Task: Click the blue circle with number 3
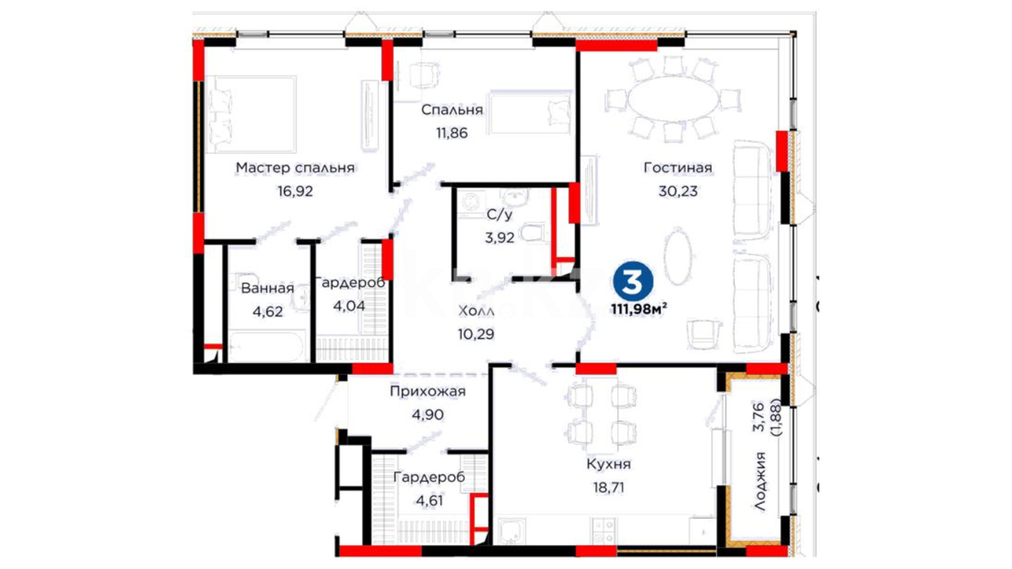632,281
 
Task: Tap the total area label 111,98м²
639,309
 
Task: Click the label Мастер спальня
295,168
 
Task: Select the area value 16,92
295,191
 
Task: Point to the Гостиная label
678,168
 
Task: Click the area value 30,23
678,191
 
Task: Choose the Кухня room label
609,464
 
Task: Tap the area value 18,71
609,487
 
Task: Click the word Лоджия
760,480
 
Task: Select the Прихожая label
427,391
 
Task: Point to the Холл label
476,311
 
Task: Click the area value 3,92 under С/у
500,238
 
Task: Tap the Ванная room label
267,288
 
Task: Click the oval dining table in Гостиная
673,99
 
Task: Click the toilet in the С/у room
533,232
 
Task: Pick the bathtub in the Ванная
267,347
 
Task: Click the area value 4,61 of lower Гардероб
430,500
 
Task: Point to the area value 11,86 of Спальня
452,133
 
